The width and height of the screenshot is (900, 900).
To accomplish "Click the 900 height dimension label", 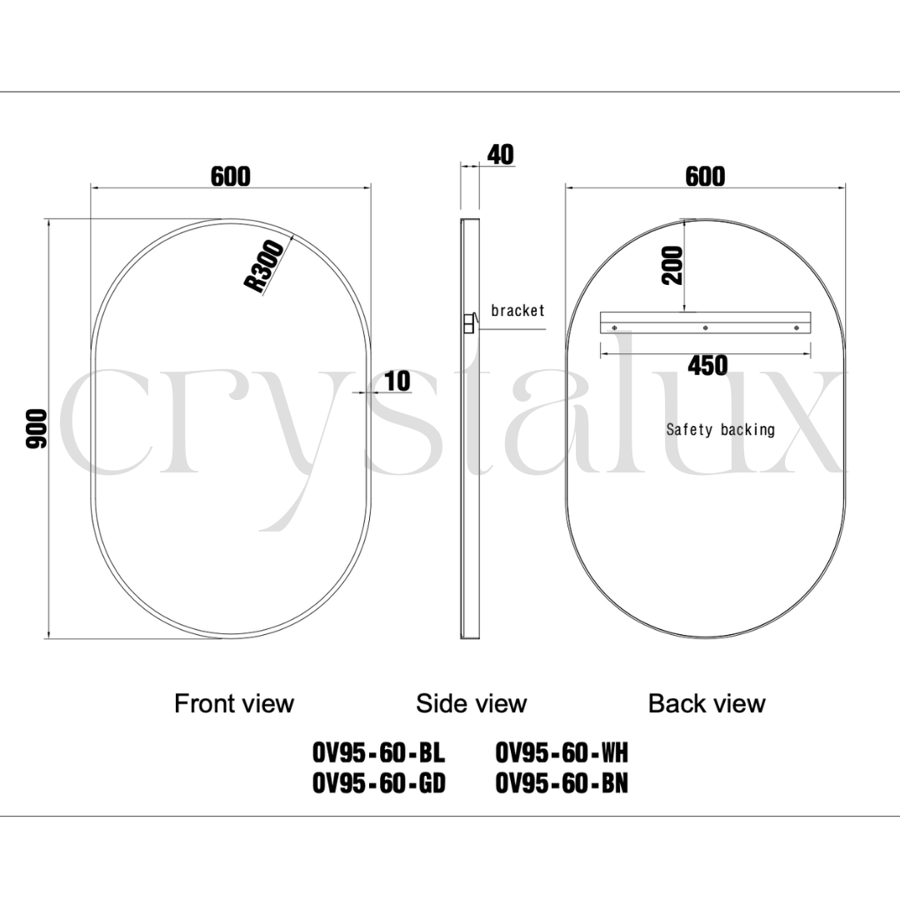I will (x=37, y=429).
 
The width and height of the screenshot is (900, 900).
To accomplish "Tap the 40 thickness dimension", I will (x=500, y=155).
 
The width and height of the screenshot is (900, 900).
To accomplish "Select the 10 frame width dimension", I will (x=397, y=381).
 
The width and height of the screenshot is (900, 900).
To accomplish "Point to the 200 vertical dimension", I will (x=672, y=266).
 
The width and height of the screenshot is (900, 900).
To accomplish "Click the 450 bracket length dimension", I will (x=707, y=365).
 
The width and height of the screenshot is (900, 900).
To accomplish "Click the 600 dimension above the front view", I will (x=231, y=177).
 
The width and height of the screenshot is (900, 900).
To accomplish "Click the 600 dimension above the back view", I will (x=705, y=177).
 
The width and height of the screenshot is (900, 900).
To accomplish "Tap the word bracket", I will (x=517, y=311).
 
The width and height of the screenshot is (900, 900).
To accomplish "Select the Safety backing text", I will (x=720, y=430).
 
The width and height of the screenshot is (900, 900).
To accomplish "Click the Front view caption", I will (x=234, y=703).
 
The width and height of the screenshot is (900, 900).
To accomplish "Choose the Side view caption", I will (x=472, y=703).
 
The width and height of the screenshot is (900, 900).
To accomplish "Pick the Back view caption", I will (x=707, y=703).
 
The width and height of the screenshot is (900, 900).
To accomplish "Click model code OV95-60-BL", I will (x=379, y=753).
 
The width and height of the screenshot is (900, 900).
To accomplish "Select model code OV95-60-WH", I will (x=562, y=753).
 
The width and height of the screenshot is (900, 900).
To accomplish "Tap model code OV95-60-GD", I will (x=379, y=783).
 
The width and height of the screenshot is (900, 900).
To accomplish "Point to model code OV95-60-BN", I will (x=562, y=783).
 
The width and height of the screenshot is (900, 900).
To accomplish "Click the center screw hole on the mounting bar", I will (x=706, y=328).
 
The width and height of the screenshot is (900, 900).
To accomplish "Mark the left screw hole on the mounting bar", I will (x=614, y=328).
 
